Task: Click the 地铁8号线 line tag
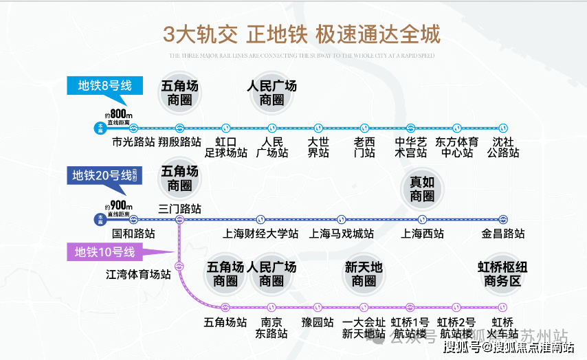pos(104,86)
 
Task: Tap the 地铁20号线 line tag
pos(103,175)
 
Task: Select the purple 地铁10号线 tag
pos(105,252)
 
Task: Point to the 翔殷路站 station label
pos(179,142)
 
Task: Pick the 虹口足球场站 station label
pos(225,147)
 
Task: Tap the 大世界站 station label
pos(318,147)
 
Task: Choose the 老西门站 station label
pos(364,147)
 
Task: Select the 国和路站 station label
pos(133,234)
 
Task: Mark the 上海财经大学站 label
pos(261,234)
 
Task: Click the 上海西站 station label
pos(422,234)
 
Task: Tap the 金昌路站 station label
pos(503,234)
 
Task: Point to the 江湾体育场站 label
pos(138,275)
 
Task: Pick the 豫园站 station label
pos(318,322)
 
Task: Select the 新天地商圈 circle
pos(364,274)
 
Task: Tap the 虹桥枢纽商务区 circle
pos(502,274)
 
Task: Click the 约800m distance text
pos(118,114)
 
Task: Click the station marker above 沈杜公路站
pos(503,128)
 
